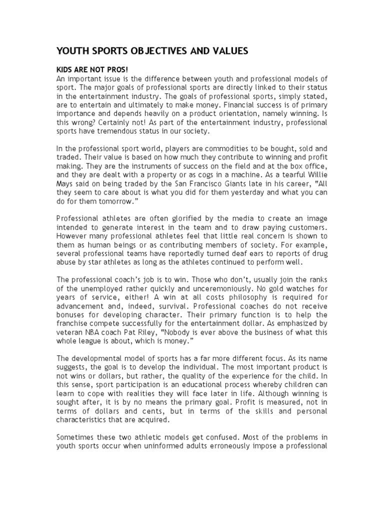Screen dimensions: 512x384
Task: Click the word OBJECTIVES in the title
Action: click(x=150, y=51)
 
